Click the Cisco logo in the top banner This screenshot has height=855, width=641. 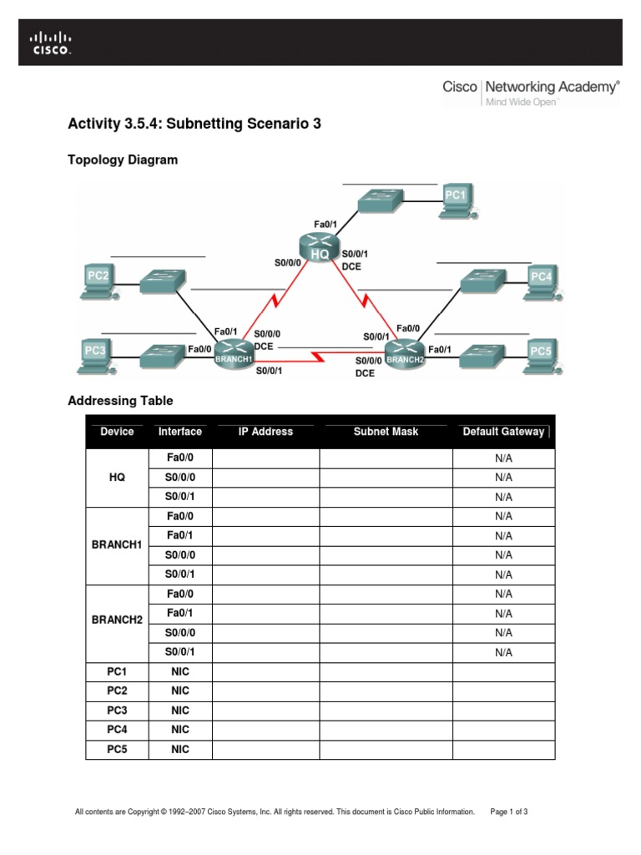click(51, 43)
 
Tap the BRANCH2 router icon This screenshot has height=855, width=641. click(406, 352)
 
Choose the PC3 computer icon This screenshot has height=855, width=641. click(95, 353)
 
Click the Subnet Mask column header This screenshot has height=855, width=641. click(386, 432)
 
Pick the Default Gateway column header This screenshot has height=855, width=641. click(503, 432)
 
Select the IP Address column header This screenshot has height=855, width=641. click(265, 432)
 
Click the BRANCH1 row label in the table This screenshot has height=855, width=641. click(117, 545)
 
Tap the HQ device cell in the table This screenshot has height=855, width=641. click(117, 478)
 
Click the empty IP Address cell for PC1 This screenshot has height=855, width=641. click(265, 671)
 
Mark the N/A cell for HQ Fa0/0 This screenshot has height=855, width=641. click(503, 458)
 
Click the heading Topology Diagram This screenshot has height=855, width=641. click(123, 159)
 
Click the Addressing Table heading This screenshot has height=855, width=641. click(120, 401)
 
